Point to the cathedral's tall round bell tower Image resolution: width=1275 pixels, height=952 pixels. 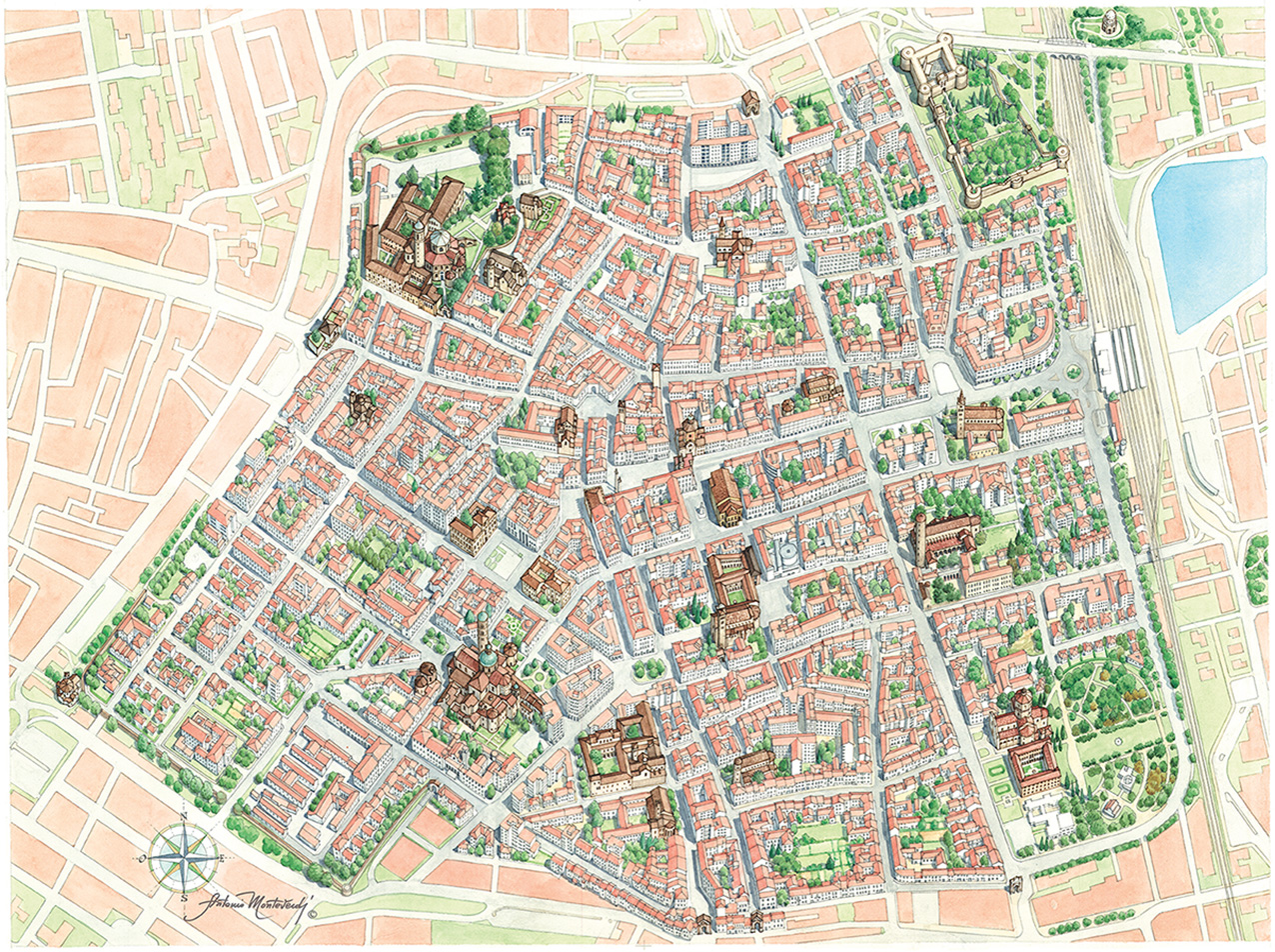point(482,630)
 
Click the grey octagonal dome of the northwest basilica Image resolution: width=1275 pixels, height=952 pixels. point(440,243)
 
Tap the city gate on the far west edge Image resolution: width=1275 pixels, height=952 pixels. point(69,687)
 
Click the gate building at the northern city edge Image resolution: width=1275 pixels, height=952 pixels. point(749,101)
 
